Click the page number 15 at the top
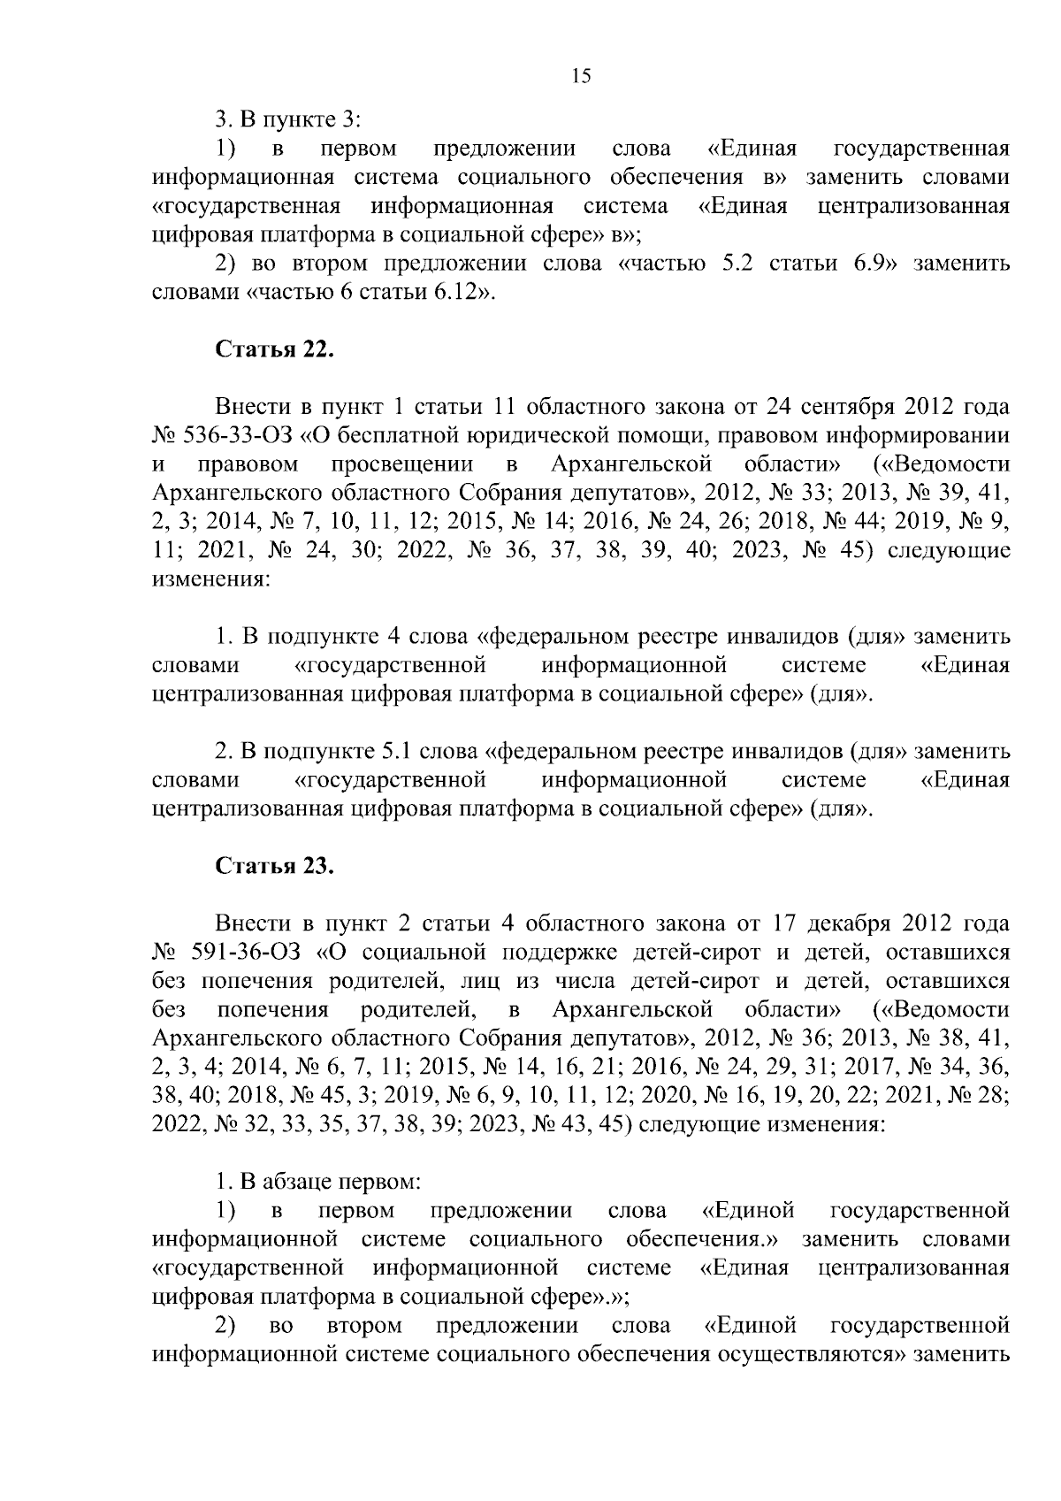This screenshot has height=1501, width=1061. coord(581,76)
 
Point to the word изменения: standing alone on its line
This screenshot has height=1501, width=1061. coord(210,580)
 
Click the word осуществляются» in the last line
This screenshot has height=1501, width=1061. coord(813,1353)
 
